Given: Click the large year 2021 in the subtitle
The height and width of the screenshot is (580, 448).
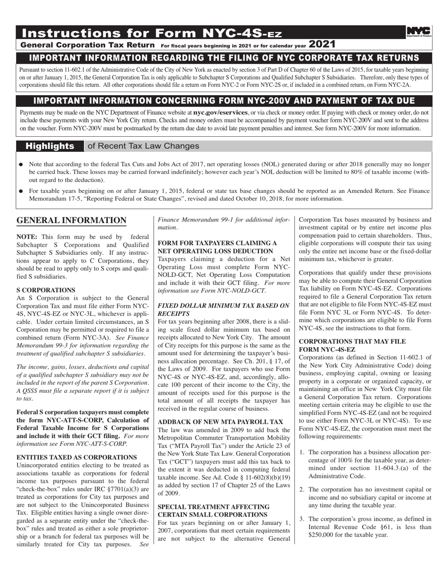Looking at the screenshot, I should coord(323,45).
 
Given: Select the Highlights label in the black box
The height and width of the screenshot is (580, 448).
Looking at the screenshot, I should coord(50,146).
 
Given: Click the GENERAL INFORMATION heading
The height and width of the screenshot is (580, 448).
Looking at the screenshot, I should coord(71,221).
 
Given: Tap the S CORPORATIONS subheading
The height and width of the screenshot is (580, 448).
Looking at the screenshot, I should coord(46,290).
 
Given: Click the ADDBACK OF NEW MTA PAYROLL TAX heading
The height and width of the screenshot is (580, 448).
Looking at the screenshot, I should coord(220,422).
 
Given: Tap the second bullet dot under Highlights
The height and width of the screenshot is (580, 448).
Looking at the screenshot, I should coord(21,192).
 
